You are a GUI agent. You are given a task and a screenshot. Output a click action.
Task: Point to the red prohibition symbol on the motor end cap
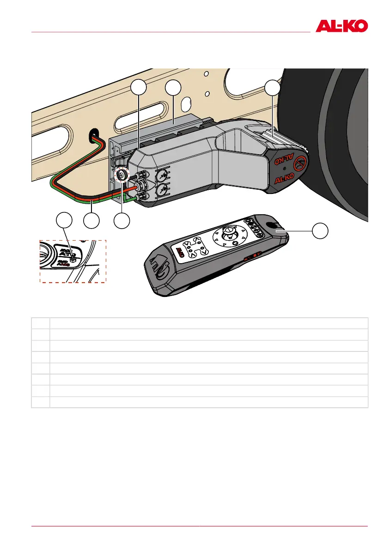[300, 163]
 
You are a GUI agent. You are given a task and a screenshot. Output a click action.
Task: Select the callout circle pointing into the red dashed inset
[64, 221]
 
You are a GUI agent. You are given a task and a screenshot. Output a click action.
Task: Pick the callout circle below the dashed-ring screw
[122, 221]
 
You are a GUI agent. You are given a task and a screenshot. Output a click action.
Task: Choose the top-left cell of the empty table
[41, 323]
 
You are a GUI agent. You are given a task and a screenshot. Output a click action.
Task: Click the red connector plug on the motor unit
[137, 187]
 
